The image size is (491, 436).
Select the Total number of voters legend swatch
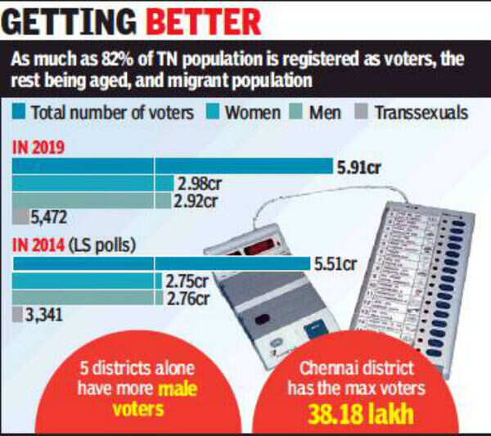tap(18, 111)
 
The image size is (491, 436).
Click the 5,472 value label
tap(47, 218)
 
